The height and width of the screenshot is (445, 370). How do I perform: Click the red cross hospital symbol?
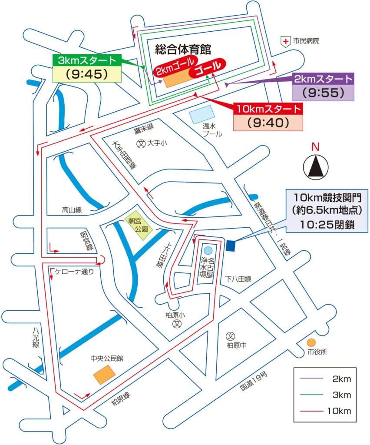pyautogui.click(x=285, y=41)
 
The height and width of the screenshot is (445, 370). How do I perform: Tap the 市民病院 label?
pyautogui.click(x=306, y=41)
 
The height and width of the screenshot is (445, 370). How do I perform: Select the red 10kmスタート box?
pyautogui.click(x=268, y=109)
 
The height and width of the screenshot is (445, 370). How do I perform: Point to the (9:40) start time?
pyautogui.click(x=268, y=123)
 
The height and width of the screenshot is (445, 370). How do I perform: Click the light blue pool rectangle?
pyautogui.click(x=202, y=114)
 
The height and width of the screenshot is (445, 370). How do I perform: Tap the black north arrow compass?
pyautogui.click(x=316, y=166)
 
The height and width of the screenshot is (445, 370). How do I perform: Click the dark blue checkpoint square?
pyautogui.click(x=230, y=246)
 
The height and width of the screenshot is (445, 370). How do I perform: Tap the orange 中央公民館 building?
pyautogui.click(x=105, y=375)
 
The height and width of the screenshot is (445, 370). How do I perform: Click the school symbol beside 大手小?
pyautogui.click(x=141, y=143)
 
